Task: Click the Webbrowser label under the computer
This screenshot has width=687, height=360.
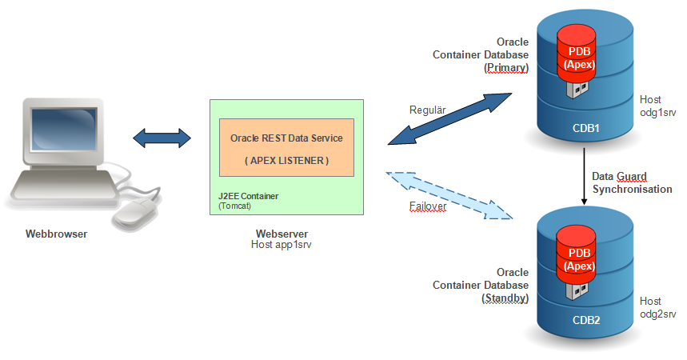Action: tap(55, 234)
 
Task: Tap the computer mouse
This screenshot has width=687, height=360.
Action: tap(132, 212)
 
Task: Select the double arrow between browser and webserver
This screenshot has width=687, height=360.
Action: tap(162, 138)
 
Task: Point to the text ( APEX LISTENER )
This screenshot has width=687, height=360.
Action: tap(286, 161)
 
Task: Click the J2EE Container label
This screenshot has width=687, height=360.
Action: tap(250, 195)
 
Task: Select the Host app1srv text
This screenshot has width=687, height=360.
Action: tap(281, 245)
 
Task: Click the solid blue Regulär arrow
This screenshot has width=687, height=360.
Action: tap(452, 121)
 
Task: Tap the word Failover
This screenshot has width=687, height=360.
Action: tap(426, 205)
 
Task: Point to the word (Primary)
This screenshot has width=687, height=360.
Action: tap(506, 68)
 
